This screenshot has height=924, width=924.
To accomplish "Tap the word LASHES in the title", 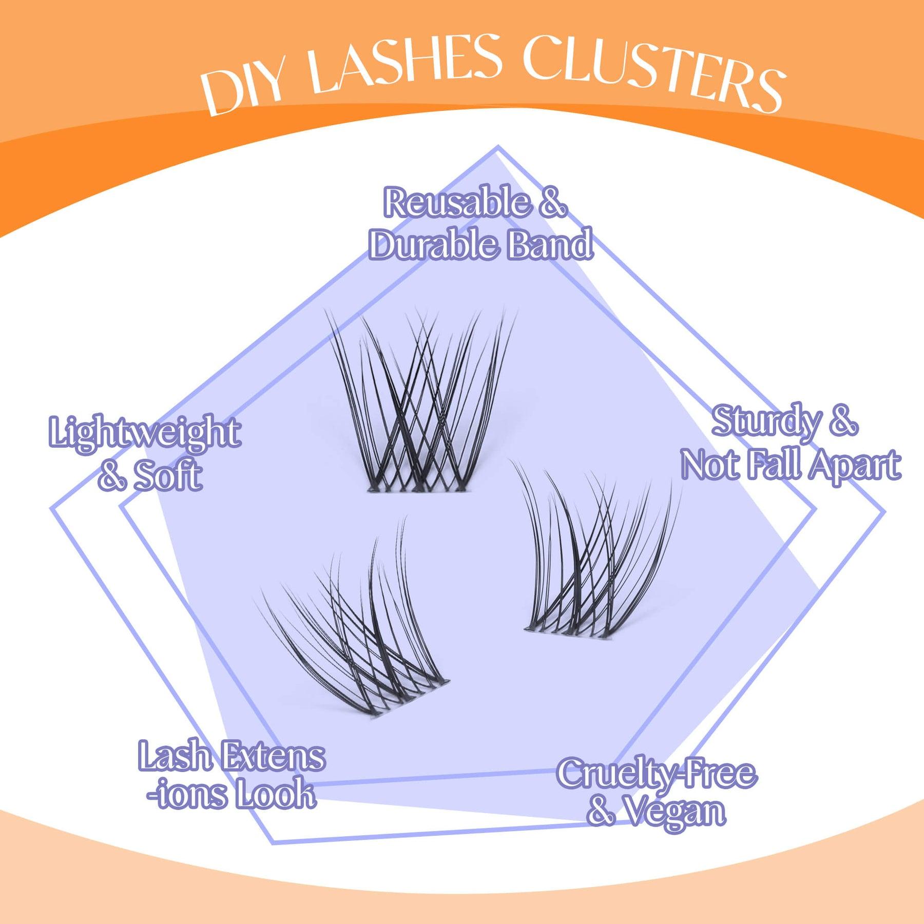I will tap(406, 64).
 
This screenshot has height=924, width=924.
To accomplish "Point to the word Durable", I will tap(434, 244).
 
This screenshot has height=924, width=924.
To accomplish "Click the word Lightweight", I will tap(144, 432).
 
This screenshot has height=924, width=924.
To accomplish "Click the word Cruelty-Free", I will tap(657, 774).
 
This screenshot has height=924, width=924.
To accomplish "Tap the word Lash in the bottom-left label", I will tap(175, 756).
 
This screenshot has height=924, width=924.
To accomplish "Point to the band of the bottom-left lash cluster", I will tap(408, 698).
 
